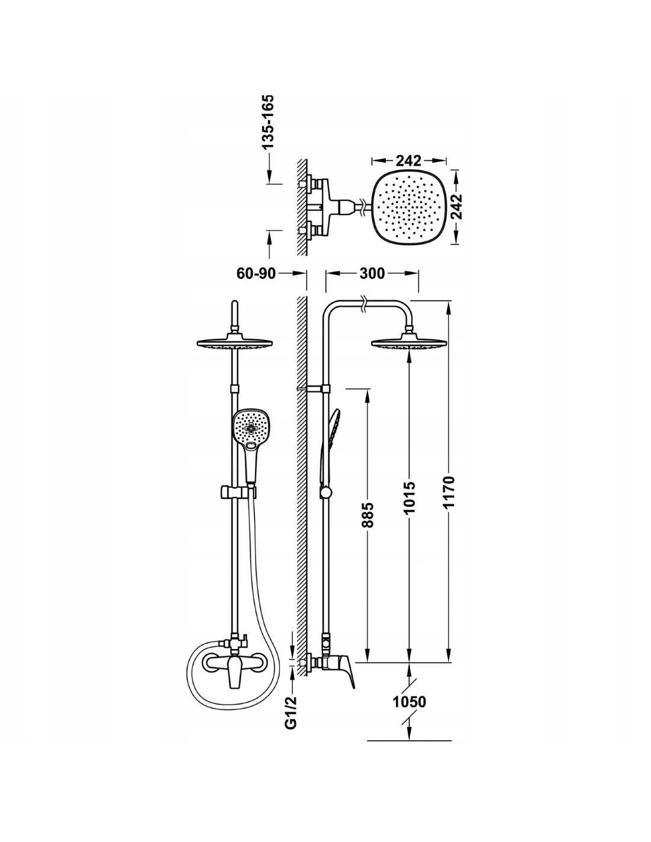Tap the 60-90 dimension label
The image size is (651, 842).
(x=256, y=274)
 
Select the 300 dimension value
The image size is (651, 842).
(x=372, y=274)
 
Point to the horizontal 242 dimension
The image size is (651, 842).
(x=409, y=160)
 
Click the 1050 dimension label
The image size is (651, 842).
(x=410, y=702)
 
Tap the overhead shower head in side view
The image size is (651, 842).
(x=408, y=342)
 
